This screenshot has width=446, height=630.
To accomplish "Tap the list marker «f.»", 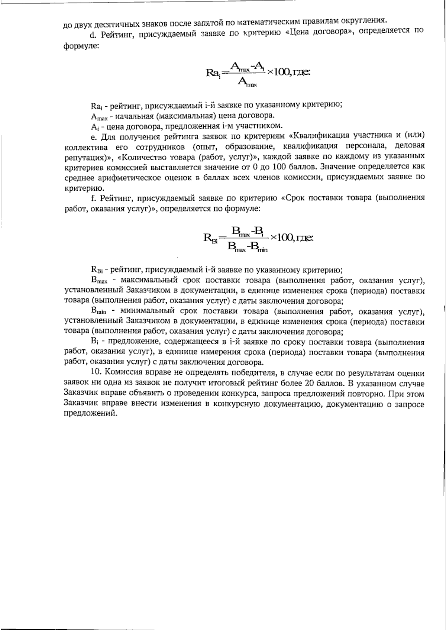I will (93, 198).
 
